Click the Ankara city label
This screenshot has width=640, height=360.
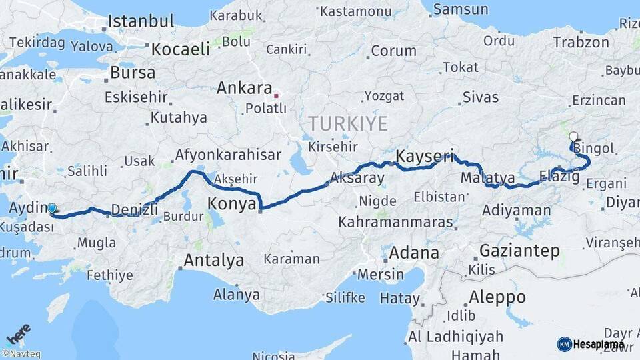coord(244,88)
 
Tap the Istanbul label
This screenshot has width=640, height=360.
coord(141,21)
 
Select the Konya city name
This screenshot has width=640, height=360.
coord(231,203)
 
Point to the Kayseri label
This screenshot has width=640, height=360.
coord(425,157)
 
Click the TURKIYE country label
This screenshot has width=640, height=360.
coord(347,123)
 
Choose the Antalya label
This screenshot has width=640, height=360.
coord(213,260)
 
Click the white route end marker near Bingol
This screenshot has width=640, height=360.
coord(573,137)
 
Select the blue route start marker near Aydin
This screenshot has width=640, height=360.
coord(52,208)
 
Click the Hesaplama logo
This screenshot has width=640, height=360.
coord(591,344)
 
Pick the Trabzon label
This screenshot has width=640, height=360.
coord(581,43)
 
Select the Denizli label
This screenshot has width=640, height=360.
coord(134,209)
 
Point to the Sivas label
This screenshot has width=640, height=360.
coord(480,97)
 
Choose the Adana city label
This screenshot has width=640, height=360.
coord(414,253)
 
